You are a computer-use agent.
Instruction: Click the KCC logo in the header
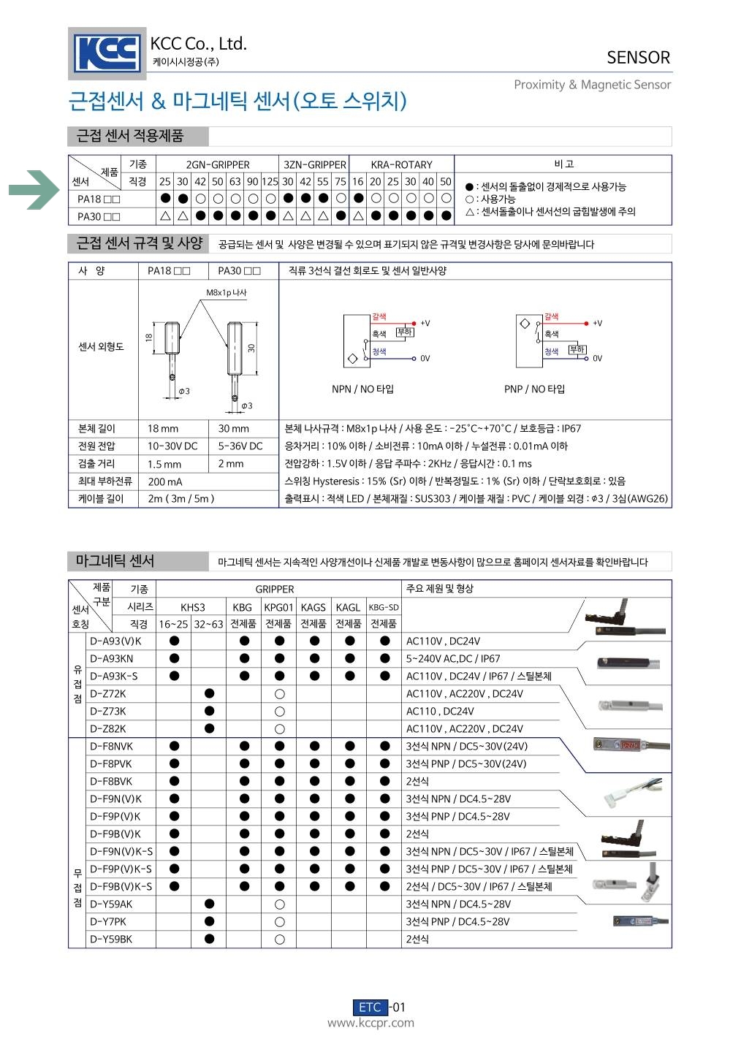(107, 53)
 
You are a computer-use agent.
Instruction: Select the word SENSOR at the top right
(638, 58)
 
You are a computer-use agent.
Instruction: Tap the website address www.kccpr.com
(370, 1023)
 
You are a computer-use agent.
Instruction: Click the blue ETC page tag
(370, 1007)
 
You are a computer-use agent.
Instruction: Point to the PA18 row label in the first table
(99, 199)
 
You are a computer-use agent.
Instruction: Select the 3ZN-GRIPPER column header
(314, 164)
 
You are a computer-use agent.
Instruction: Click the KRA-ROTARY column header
(401, 164)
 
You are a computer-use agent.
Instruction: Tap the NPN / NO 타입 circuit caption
(362, 389)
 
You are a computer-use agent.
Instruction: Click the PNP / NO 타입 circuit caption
(534, 389)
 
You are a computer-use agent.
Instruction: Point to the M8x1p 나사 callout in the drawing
(227, 293)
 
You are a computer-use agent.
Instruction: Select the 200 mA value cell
(165, 481)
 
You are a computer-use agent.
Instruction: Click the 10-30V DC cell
(172, 446)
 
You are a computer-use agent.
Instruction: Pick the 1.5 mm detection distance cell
(164, 464)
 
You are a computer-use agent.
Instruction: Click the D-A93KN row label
(112, 658)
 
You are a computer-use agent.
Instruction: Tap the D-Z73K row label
(108, 711)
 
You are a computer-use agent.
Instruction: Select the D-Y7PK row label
(108, 921)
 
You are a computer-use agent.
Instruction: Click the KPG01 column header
(278, 607)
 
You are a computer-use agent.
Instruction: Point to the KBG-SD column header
(384, 607)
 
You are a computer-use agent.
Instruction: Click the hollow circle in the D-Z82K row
(279, 728)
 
